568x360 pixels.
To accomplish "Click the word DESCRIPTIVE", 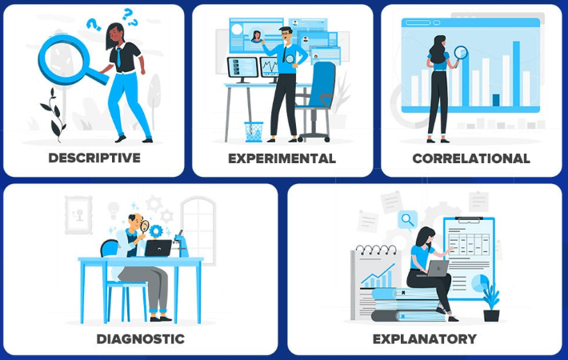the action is pos(94,158).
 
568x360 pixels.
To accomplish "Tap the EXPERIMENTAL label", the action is pos(282,158).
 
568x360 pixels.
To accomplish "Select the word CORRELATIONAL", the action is pos(471,158).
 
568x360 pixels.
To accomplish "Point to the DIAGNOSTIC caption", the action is pos(141,339).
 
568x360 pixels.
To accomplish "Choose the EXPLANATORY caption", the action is pos(425,339).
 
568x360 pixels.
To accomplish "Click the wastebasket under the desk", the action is pos(254,132).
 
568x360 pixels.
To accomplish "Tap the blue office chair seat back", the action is pos(322,84).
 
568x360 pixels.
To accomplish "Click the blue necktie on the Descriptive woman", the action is pos(119,58).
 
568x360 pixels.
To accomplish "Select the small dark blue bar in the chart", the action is pos(496,100).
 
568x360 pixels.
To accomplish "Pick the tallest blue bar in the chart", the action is pos(516,74).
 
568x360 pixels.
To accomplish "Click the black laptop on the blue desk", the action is pos(158,249).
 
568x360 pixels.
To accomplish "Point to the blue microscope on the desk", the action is pos(181,243).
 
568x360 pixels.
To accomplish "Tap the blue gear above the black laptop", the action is pos(156,231).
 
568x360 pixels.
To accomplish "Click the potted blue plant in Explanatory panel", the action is pos(491,302).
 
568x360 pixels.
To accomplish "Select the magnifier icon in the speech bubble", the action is pos(407,219).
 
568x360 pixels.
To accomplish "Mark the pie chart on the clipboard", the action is pos(480,283).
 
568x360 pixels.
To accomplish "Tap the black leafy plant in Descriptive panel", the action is pos(54,115).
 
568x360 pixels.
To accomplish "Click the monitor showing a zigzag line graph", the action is pos(270,67).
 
